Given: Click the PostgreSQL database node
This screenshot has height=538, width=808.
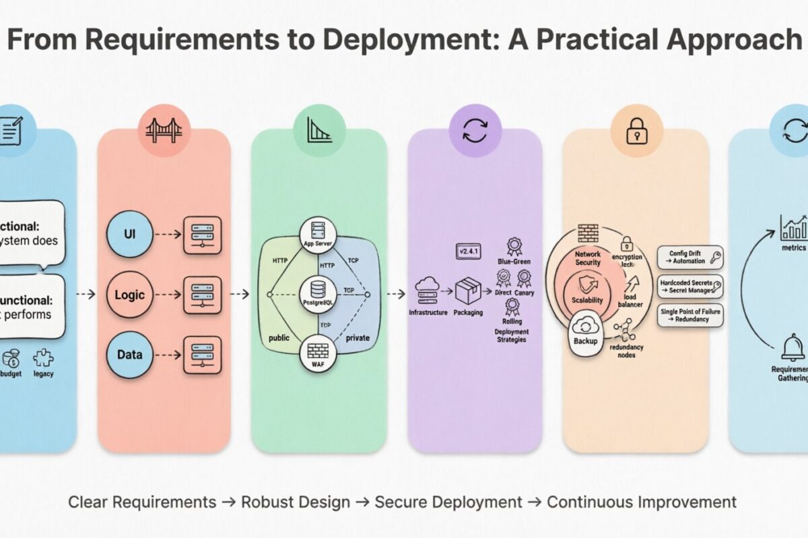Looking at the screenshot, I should click(x=318, y=293).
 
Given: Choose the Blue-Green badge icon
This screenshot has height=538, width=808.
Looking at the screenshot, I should click(x=514, y=245).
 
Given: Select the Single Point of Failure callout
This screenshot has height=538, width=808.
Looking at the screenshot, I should click(x=690, y=316).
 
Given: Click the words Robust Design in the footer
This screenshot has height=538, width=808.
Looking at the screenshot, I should click(x=296, y=502).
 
